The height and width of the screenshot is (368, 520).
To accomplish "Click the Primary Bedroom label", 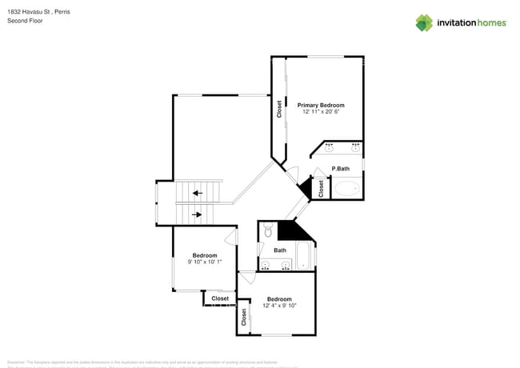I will [321, 105].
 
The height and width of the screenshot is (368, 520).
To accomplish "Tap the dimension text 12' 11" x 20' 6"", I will [321, 112].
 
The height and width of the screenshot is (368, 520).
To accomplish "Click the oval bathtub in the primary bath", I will [346, 189].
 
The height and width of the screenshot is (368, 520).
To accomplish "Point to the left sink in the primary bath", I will [330, 147].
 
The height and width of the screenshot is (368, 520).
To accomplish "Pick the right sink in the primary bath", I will [355, 147].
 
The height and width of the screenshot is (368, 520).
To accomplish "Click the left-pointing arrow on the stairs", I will [197, 193].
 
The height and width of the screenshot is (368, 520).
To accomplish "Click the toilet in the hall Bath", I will [267, 231].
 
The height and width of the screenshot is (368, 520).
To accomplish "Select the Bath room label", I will [280, 250].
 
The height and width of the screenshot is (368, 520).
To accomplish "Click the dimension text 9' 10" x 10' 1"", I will [205, 262].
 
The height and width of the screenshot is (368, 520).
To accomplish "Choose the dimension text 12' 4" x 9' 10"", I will [279, 305].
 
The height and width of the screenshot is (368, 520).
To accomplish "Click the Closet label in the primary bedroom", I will [278, 108].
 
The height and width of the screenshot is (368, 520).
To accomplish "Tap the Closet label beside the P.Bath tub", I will [321, 189].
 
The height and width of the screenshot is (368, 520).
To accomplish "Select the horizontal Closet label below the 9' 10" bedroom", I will [220, 298].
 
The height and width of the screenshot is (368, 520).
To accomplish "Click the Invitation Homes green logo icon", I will [424, 22].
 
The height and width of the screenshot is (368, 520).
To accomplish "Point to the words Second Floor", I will [25, 21].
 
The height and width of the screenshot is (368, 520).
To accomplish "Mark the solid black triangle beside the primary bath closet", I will [304, 189].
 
